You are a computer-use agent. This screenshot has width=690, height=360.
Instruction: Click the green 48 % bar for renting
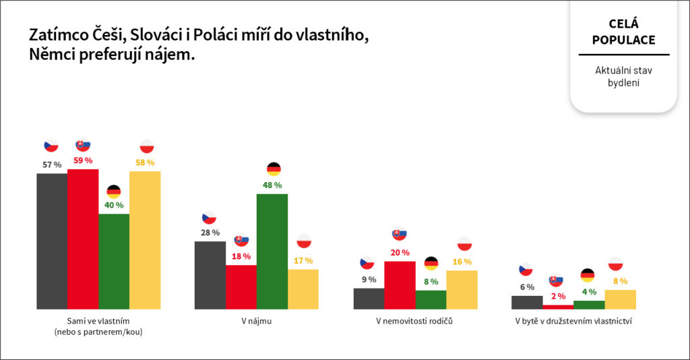click(x=272, y=251)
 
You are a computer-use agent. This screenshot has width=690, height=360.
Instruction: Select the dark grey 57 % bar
click(x=52, y=241)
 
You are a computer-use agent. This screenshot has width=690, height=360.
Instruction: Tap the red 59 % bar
click(x=83, y=239)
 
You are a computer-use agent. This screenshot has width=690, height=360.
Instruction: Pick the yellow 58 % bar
click(x=145, y=241)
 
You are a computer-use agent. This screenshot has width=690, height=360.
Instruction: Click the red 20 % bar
click(x=400, y=285)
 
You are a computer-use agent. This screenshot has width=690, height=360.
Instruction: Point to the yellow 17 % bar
click(x=303, y=289)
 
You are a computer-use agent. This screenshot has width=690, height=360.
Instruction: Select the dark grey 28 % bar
click(x=210, y=275)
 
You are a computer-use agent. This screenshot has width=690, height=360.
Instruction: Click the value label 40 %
click(x=114, y=205)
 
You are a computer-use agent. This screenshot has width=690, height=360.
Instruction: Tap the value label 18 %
click(x=241, y=256)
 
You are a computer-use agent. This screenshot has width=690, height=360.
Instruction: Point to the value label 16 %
click(x=462, y=262)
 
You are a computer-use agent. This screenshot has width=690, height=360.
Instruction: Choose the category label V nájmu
click(x=256, y=321)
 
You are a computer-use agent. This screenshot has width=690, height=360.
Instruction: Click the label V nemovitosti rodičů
click(x=414, y=321)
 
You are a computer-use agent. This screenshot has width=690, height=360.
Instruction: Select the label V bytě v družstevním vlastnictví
click(x=573, y=321)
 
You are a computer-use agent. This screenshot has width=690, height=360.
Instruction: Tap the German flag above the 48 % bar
click(x=273, y=169)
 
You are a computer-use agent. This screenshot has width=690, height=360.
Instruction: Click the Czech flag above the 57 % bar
click(x=51, y=146)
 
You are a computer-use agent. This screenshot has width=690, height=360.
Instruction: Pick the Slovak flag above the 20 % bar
click(x=400, y=235)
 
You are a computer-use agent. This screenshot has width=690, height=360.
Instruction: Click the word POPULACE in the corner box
click(x=623, y=40)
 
